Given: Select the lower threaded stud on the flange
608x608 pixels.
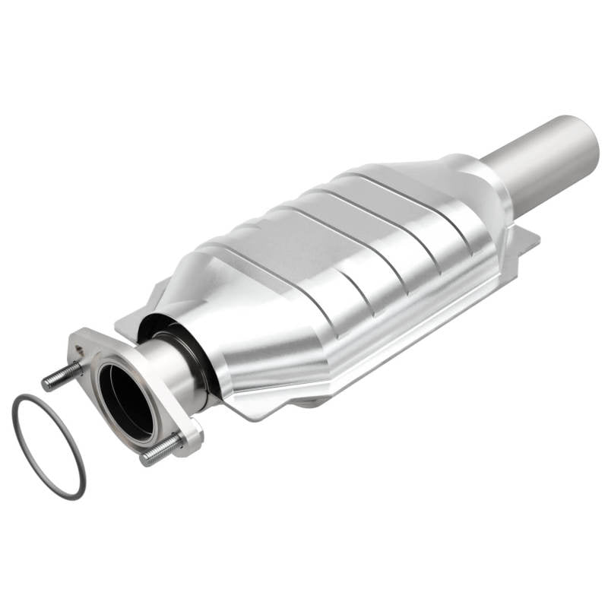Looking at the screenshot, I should [160, 450].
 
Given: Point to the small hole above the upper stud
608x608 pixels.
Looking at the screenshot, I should [80, 351].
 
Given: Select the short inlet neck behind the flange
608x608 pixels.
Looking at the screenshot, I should [172, 372].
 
